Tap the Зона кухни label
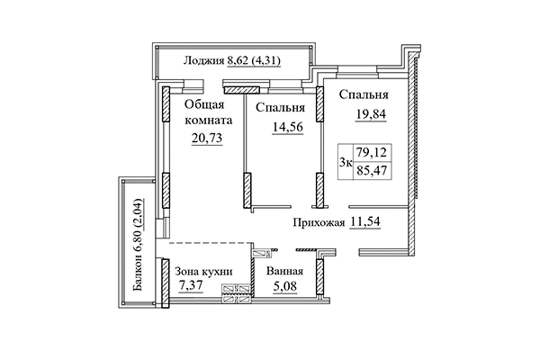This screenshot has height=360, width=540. point(204,272)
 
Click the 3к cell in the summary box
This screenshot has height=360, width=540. point(345,163)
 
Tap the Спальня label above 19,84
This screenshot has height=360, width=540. point(364,94)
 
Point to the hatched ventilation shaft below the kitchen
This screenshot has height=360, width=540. point(238,291)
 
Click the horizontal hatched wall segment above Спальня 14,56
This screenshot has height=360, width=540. point(242,88)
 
